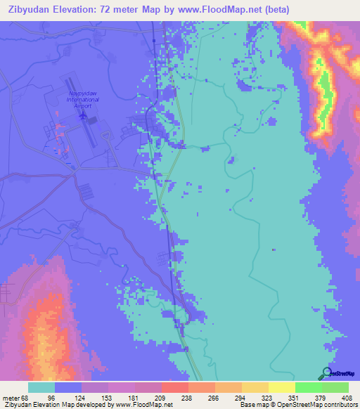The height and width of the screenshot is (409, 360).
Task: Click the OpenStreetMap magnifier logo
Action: (327, 373)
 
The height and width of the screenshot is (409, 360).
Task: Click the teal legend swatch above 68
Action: (41, 387)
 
